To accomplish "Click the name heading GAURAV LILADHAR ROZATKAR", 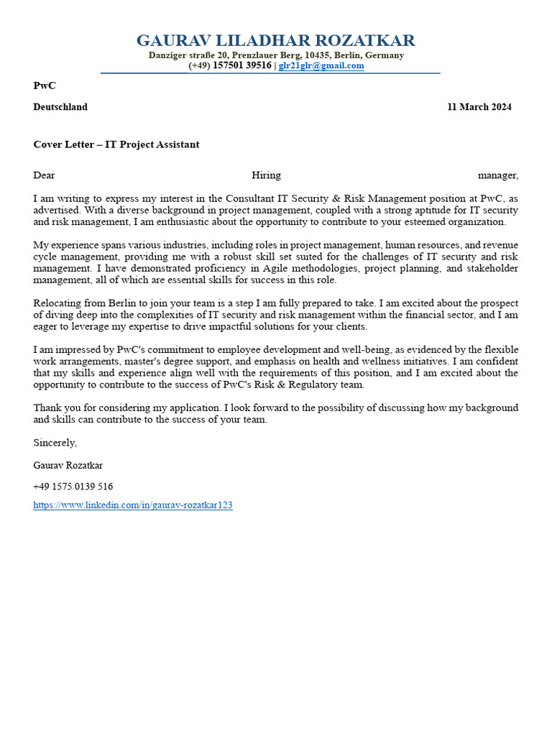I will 276,40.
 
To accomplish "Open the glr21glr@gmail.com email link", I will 321,65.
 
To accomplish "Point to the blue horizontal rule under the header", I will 270,73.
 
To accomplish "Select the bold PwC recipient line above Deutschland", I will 45,86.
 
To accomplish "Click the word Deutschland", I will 60,107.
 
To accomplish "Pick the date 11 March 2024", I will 479,107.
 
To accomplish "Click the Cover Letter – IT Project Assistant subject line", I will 116,144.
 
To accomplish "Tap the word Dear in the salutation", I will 44,175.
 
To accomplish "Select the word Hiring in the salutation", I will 266,175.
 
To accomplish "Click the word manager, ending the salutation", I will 498,175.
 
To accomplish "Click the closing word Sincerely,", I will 55,443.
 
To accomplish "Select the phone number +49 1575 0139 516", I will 73,487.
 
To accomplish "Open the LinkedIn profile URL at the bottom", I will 133,505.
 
